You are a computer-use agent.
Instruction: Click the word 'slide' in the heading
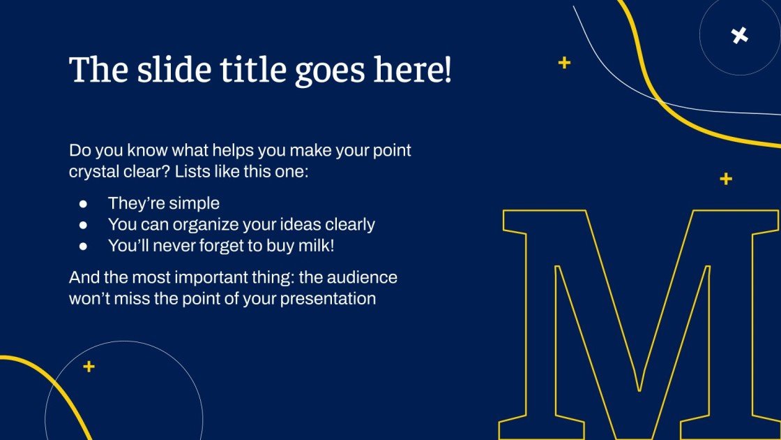click(165, 70)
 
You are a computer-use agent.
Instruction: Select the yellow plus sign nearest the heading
click(564, 63)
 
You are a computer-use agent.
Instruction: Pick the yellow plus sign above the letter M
click(726, 179)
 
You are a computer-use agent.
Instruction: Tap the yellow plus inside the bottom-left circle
click(89, 367)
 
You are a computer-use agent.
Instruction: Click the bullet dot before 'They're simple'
click(84, 204)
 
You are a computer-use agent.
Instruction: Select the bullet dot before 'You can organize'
click(84, 225)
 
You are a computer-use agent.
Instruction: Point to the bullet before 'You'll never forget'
click(84, 246)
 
